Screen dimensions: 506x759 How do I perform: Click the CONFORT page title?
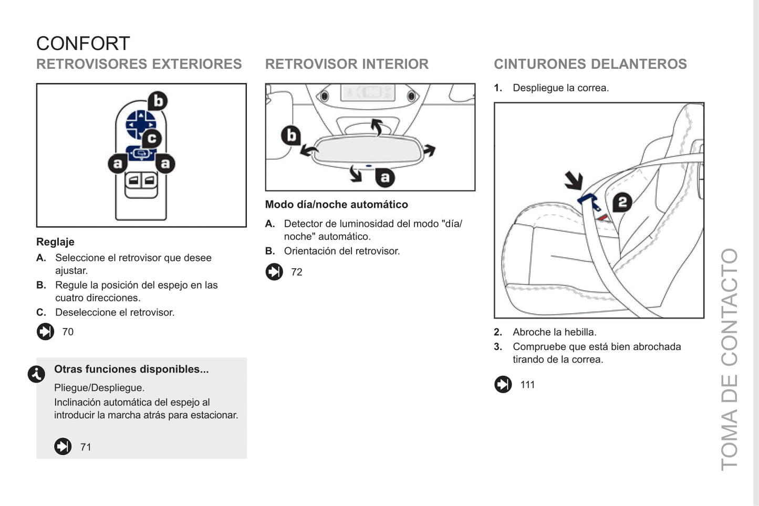[83, 44]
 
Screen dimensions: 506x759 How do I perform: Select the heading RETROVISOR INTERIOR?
[347, 64]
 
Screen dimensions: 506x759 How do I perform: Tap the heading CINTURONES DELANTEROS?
[590, 64]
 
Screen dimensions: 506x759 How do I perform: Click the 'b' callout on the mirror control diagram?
[157, 101]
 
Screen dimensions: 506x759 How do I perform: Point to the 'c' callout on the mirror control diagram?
[152, 138]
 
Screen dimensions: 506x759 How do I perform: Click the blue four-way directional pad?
[140, 124]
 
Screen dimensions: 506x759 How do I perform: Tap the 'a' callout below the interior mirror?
[385, 178]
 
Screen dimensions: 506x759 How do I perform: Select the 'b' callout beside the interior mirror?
[290, 135]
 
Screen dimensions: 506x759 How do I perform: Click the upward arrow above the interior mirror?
[377, 126]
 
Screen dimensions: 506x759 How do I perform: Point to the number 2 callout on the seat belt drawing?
[622, 202]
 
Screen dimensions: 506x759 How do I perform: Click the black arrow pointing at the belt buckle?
[574, 180]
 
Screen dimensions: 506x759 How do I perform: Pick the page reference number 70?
[68, 332]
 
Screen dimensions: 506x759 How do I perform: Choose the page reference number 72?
[297, 272]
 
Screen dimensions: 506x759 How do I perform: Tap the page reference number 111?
[527, 385]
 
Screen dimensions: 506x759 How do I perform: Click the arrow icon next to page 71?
[63, 447]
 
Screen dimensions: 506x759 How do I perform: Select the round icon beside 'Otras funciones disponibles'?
[36, 374]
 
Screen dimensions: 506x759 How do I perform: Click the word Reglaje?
[55, 242]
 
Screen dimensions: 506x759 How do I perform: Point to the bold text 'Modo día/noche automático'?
[336, 205]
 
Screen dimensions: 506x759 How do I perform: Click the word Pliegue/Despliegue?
[99, 388]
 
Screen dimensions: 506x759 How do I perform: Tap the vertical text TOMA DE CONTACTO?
[729, 359]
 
